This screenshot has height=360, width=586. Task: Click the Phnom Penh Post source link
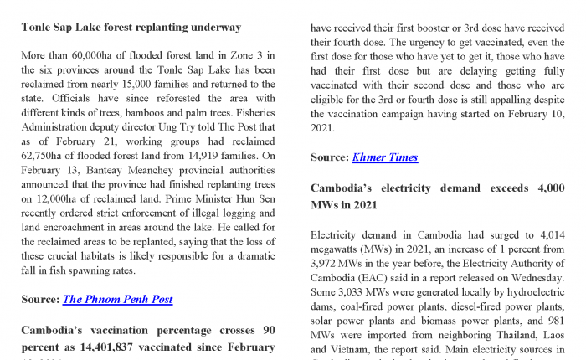[117, 299]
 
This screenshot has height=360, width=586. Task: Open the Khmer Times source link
[385, 157]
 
